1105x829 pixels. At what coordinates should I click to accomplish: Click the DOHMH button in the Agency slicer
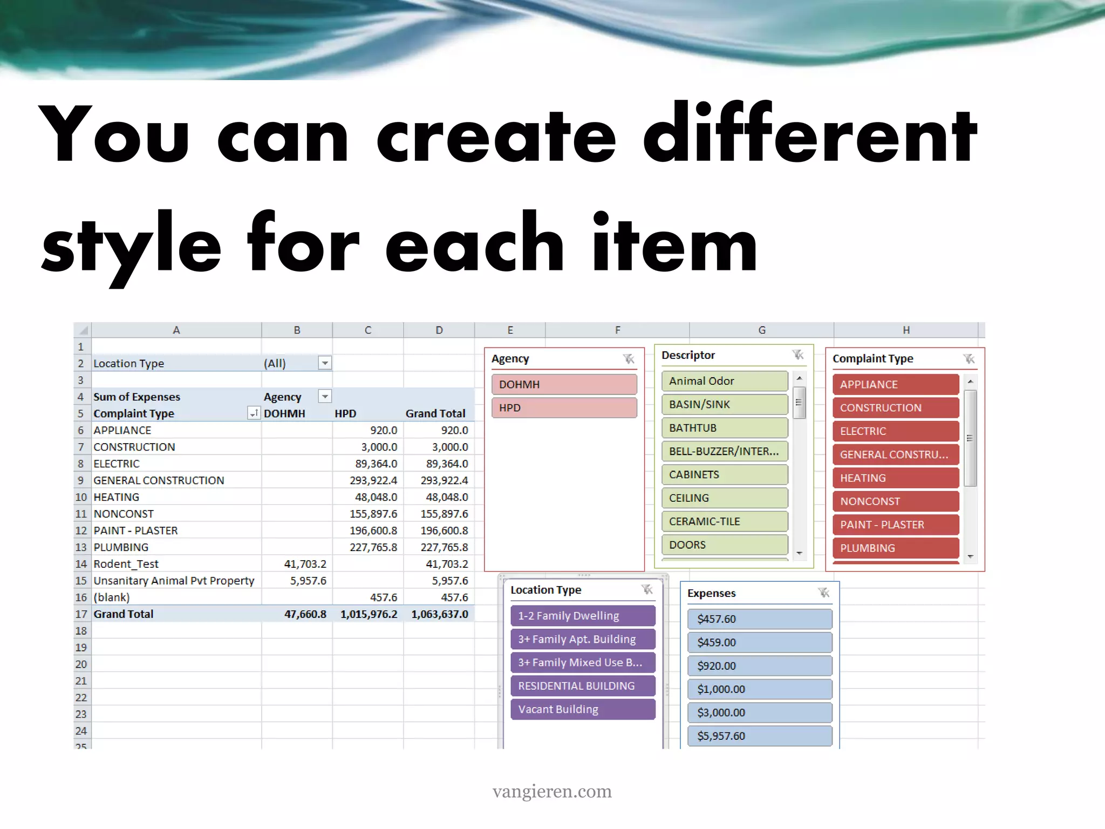pyautogui.click(x=564, y=384)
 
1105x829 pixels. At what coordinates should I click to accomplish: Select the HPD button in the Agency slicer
pyautogui.click(x=564, y=407)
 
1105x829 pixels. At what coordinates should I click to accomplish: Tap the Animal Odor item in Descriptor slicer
pyautogui.click(x=724, y=381)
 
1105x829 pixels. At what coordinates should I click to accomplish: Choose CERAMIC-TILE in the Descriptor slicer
pyautogui.click(x=724, y=521)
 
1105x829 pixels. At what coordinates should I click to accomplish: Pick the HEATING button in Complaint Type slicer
pyautogui.click(x=895, y=478)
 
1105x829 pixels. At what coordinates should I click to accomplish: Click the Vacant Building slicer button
pyautogui.click(x=582, y=709)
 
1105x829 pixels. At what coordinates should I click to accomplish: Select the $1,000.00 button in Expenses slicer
pyautogui.click(x=759, y=689)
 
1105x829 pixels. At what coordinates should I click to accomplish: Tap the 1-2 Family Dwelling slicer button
pyautogui.click(x=582, y=616)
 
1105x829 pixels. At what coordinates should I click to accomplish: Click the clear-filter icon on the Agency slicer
pyautogui.click(x=629, y=359)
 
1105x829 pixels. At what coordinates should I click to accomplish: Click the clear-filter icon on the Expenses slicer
pyautogui.click(x=823, y=593)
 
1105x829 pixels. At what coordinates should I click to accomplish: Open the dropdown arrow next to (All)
pyautogui.click(x=325, y=363)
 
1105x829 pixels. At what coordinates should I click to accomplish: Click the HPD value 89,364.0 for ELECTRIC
pyautogui.click(x=376, y=464)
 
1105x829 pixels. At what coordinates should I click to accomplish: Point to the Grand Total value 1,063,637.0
pyautogui.click(x=439, y=614)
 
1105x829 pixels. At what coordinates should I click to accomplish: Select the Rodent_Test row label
pyautogui.click(x=126, y=564)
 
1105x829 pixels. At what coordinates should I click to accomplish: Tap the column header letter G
pyautogui.click(x=761, y=330)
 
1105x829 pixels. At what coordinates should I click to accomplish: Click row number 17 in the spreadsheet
pyautogui.click(x=81, y=614)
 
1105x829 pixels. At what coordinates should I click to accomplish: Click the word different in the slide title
pyautogui.click(x=809, y=135)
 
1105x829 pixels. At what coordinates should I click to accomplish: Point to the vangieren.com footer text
pyautogui.click(x=552, y=791)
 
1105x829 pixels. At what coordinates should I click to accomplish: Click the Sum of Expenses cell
pyautogui.click(x=137, y=397)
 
